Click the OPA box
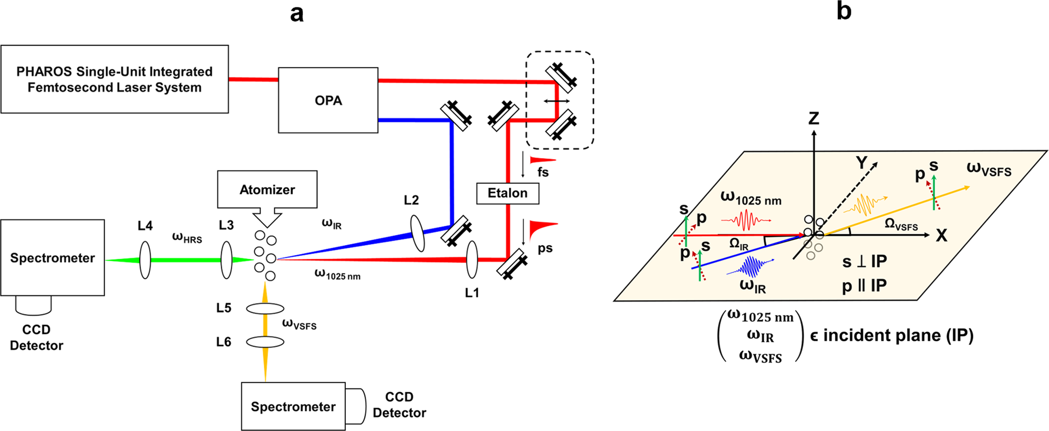coord(328,100)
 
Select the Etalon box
coord(507,193)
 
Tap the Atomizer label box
coord(267,189)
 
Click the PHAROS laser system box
coord(115,79)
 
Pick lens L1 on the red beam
coord(472,259)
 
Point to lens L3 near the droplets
coord(227,259)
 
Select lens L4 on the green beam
coord(145,259)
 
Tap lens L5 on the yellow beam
coord(265,309)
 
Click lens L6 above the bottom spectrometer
coord(265,342)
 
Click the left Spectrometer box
coord(53,258)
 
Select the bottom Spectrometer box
coord(293,406)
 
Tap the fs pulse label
coord(543,172)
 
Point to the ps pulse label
coord(545,248)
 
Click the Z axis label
coord(814,119)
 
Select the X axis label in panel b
coord(941,236)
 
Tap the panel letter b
coord(844,11)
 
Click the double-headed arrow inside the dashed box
coord(557,101)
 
